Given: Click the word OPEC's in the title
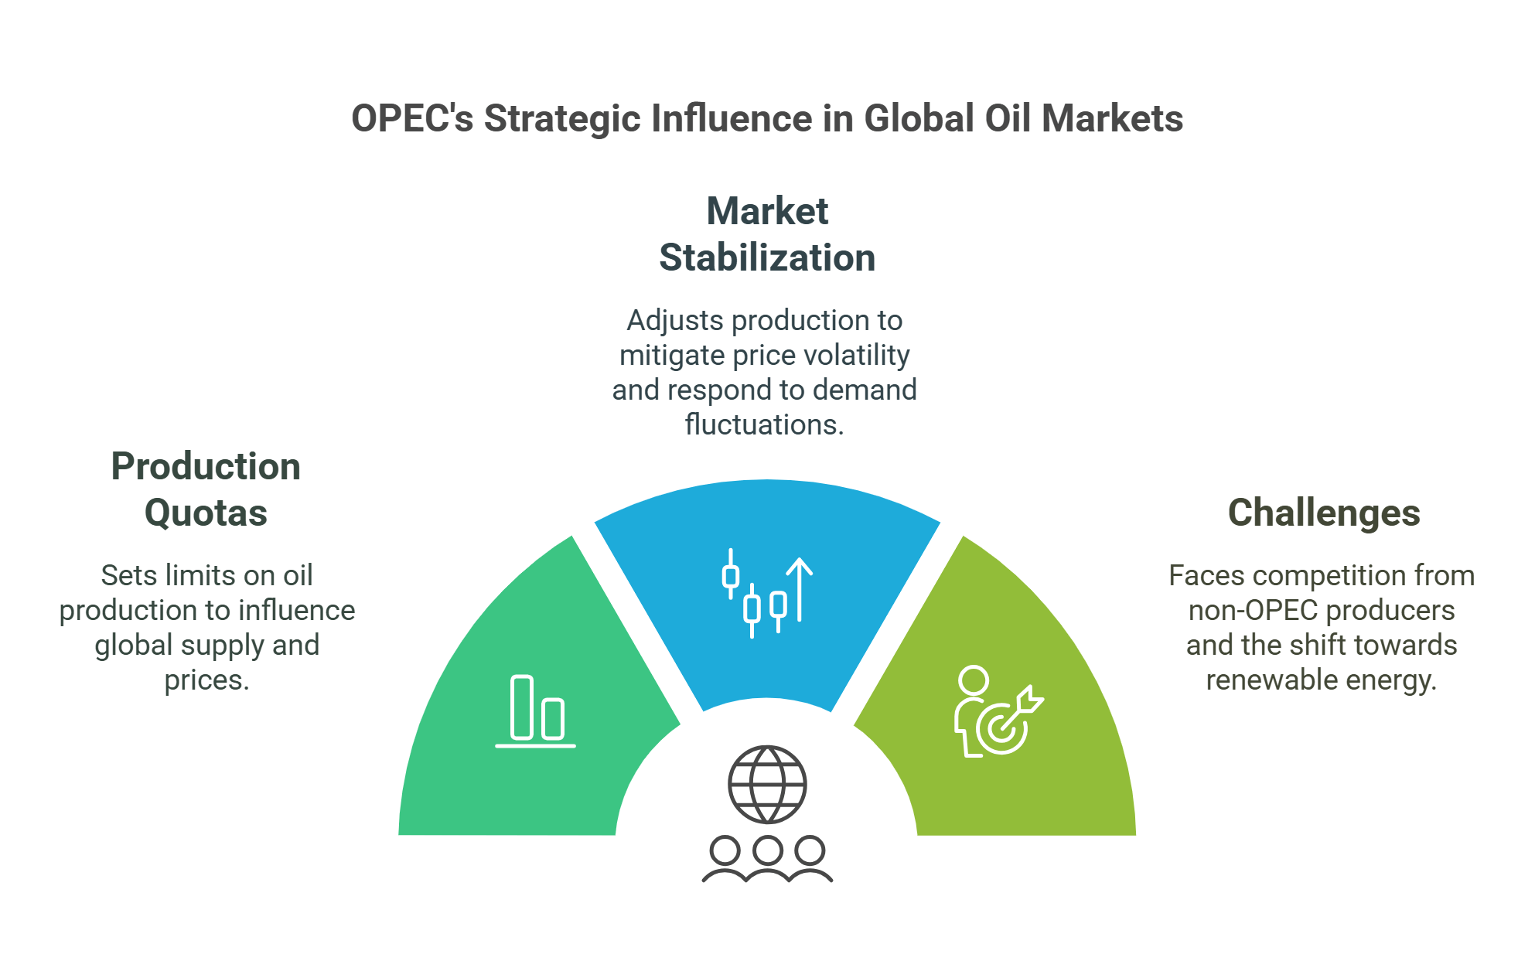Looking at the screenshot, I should pos(411,119).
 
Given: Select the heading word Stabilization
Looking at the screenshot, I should pos(766,257).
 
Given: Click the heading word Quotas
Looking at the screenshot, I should pos(206,513).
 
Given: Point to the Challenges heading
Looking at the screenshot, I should pos(1324,513).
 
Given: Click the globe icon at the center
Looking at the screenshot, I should pos(767,784).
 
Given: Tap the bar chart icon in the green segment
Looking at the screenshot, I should pos(536,711).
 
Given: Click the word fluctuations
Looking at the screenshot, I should pos(764,424).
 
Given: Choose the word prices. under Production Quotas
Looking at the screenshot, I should pos(206,680).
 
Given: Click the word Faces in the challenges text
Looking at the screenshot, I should pos(1206,575).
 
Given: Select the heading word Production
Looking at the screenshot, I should pos(206,466).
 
